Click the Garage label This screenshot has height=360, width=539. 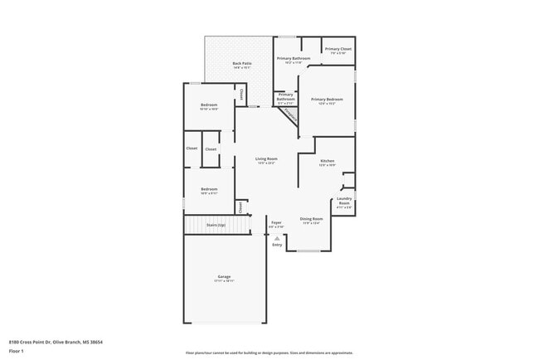[224, 276]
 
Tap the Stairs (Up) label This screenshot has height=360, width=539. [216, 225]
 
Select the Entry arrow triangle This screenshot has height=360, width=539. [277, 238]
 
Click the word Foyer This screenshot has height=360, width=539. [277, 221]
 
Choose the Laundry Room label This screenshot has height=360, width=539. [344, 202]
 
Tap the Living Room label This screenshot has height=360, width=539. [265, 158]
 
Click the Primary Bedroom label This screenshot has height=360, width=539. [327, 100]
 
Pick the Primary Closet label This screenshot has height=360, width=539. [337, 49]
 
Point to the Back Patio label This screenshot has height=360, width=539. [241, 63]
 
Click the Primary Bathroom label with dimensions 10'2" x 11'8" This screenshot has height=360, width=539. [294, 58]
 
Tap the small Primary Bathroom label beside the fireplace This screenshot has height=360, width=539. [285, 97]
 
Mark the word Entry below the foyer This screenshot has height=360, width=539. [277, 245]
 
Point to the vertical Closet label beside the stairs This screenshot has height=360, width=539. [241, 206]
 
